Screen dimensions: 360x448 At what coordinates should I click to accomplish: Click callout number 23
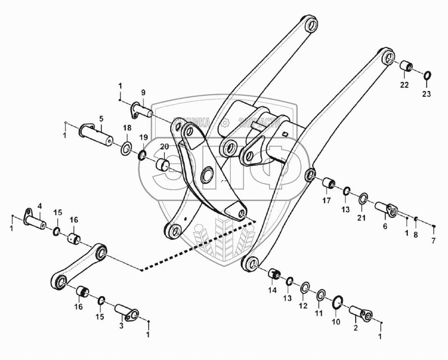426,94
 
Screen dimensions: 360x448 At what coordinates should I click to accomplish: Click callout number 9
143,92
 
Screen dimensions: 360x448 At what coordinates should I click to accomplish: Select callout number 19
144,137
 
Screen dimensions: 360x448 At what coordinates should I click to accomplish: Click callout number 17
326,201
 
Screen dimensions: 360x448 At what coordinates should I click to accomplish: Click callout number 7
434,240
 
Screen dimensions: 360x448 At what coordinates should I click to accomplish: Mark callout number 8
415,235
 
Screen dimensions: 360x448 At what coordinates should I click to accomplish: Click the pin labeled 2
360,313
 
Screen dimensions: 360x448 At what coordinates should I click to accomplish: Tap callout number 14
273,290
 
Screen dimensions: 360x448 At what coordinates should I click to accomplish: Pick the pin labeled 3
126,313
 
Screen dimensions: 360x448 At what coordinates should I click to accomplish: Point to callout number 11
319,313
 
